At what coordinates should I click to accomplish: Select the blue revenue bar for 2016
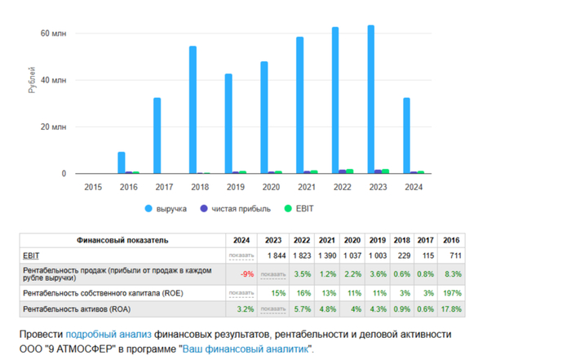pos(122,162)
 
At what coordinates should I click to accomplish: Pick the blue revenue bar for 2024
pos(406,136)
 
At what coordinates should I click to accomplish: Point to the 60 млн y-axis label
pos(53,33)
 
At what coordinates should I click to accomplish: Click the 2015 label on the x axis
pos(94,187)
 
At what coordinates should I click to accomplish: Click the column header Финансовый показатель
pos(122,241)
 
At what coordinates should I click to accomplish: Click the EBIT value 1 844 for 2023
pos(274,256)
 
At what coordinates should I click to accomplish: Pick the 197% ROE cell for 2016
pos(451,292)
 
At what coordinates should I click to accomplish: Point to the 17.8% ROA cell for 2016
pos(450,309)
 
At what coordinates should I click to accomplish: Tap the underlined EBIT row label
pos(32,256)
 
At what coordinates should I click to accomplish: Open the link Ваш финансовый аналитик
pos(245,349)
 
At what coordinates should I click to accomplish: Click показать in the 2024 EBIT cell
pos(241,256)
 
